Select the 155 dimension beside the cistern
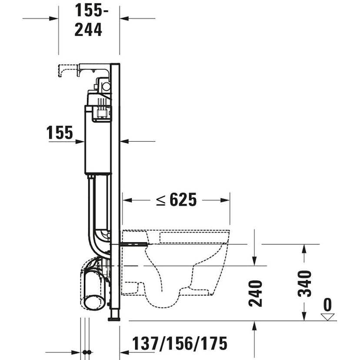[x=60, y=133]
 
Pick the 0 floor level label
[x=327, y=305]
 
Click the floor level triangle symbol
[x=328, y=316]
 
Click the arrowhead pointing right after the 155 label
[x=80, y=141]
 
